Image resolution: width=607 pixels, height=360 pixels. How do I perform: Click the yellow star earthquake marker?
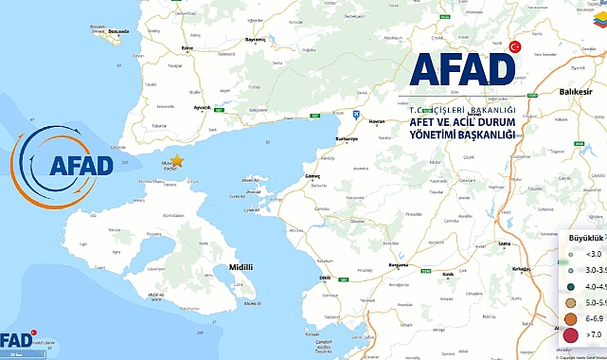175,162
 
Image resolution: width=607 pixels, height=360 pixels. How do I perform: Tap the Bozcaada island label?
118,30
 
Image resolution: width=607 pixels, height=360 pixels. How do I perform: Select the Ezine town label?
187,46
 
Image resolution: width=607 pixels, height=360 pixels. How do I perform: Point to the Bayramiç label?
256,40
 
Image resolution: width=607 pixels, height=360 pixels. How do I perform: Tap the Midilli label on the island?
241,267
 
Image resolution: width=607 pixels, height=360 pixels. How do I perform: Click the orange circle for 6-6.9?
570,319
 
